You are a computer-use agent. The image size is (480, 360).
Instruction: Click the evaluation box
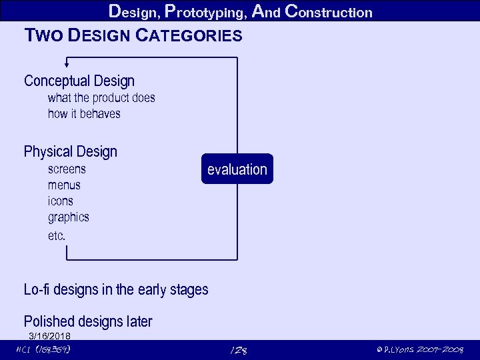point(237,169)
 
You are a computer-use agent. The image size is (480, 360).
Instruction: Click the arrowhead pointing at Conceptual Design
point(66,65)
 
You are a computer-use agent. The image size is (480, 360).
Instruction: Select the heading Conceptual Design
point(79,81)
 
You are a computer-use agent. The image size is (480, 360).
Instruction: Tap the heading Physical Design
point(71,152)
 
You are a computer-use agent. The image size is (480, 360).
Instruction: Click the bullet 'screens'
point(67,169)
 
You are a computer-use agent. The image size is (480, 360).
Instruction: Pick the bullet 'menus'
point(64,185)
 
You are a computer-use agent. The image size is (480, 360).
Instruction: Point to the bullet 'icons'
point(61,201)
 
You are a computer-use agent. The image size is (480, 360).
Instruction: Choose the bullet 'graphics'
point(68,217)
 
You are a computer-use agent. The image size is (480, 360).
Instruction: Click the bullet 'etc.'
point(57,235)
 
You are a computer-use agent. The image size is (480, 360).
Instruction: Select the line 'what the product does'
point(101,98)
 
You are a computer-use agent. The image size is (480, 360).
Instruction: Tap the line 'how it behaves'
point(84,114)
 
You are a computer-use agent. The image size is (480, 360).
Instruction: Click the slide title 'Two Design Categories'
point(133,35)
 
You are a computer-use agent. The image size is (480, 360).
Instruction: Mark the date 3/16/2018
point(49,336)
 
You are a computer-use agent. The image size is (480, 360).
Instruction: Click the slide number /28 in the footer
point(238,351)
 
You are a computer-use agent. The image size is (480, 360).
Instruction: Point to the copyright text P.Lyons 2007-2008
point(419,350)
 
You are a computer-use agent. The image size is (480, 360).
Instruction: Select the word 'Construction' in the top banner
point(328,12)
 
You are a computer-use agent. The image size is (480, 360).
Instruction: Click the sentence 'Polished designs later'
point(88,321)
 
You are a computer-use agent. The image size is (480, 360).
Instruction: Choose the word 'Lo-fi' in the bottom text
point(37,289)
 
